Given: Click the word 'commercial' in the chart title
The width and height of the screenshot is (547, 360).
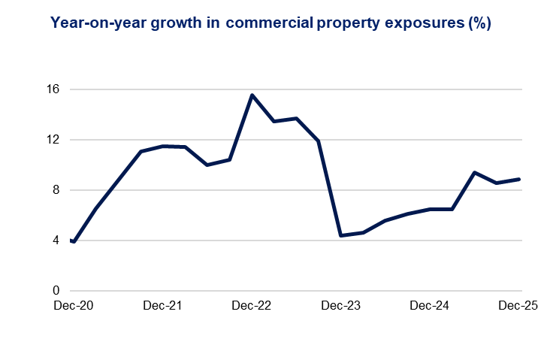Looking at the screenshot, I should (x=268, y=23).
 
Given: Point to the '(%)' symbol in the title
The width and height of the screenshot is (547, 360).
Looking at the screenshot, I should (x=478, y=23).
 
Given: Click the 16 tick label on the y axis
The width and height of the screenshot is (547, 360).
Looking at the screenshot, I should (x=53, y=89).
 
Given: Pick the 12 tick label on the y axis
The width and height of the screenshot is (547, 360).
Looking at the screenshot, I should (x=53, y=140).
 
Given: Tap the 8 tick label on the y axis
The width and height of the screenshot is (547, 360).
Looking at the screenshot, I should (x=56, y=190).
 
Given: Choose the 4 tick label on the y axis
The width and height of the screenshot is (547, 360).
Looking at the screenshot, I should (x=56, y=241).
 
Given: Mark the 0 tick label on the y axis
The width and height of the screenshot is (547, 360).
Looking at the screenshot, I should (x=56, y=291).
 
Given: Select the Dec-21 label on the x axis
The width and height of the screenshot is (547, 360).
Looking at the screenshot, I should (x=162, y=306).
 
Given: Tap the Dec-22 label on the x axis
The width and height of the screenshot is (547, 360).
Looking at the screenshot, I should (x=252, y=306).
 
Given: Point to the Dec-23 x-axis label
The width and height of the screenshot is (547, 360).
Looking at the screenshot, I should (x=341, y=306).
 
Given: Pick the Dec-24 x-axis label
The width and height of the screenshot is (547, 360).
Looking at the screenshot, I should (x=431, y=306).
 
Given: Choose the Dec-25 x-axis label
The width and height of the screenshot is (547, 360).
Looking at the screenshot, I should (x=520, y=306).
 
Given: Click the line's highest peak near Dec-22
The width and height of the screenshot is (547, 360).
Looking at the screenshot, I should (x=252, y=95).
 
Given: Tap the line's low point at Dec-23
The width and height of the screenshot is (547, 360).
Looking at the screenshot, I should (x=341, y=235).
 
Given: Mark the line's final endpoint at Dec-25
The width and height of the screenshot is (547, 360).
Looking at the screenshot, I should (x=520, y=179).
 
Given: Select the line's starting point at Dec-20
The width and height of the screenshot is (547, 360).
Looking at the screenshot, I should (x=72, y=241).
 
